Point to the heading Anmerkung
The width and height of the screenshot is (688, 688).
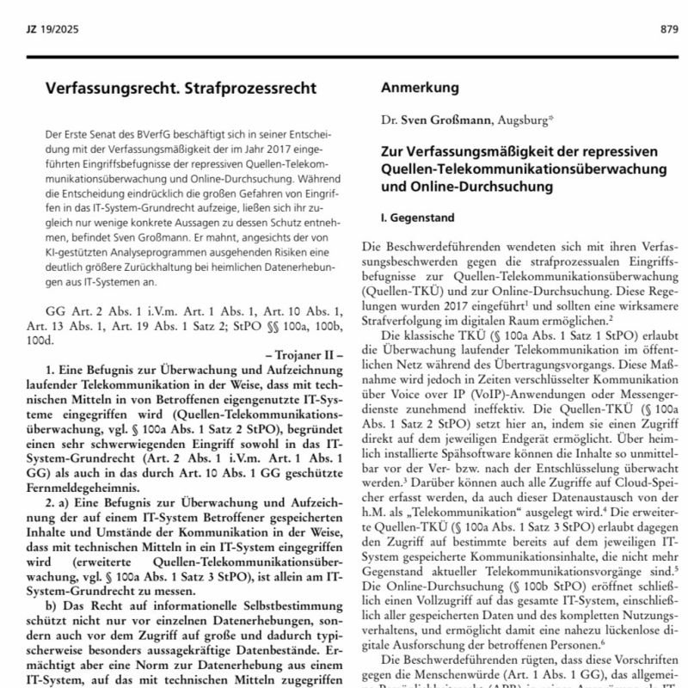[x=420, y=88]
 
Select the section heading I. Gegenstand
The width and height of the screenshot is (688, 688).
[x=418, y=218]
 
